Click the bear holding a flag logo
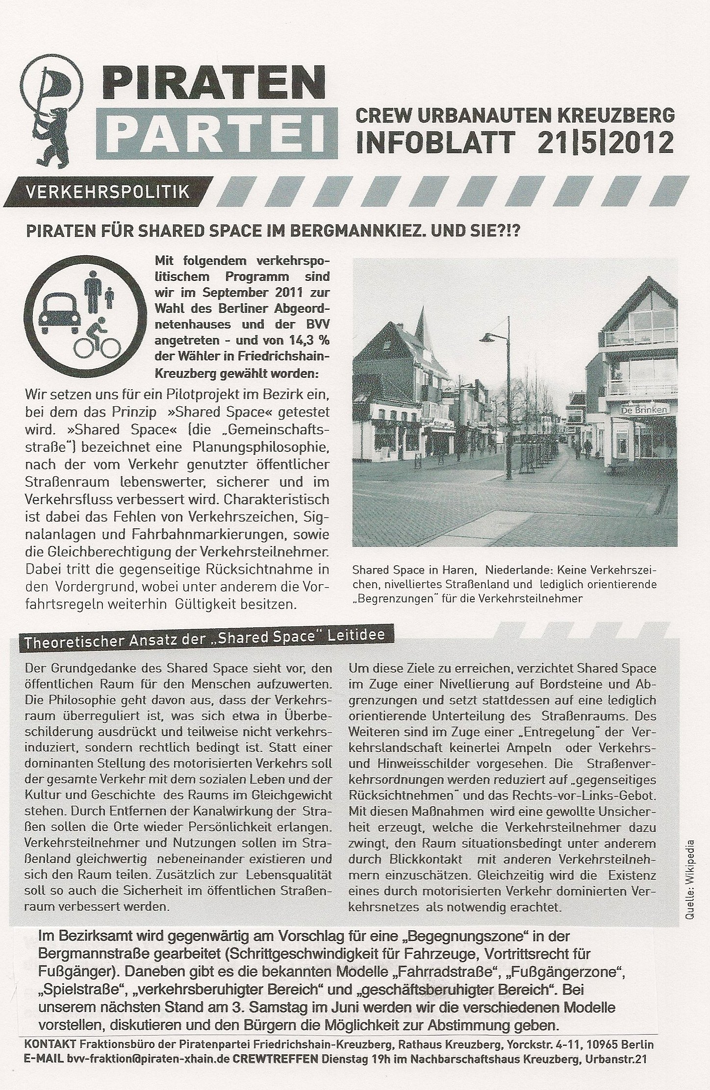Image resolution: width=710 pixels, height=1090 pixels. point(49,110)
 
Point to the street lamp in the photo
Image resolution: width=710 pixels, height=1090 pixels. point(505,402)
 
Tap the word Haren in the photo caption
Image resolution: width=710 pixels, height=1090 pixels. point(461,570)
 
